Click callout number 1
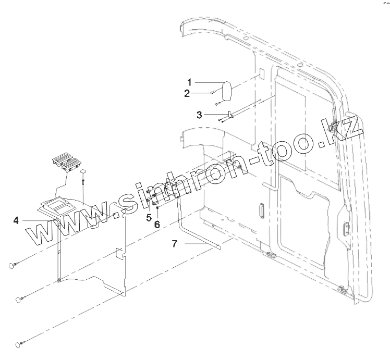click(190, 82)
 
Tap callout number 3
click(200, 114)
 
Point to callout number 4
click(16, 220)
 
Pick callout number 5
click(149, 217)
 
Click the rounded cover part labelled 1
click(227, 92)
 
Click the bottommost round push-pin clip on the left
click(19, 344)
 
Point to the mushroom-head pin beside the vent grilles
click(83, 172)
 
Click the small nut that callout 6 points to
click(157, 208)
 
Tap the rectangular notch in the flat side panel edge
click(120, 255)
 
